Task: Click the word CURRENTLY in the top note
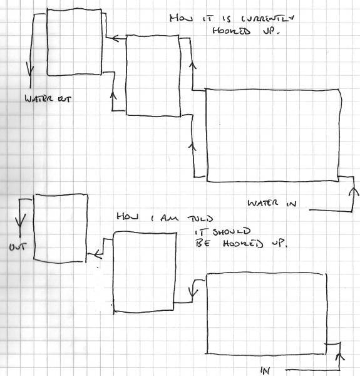point(267,18)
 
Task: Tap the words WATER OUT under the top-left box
point(48,98)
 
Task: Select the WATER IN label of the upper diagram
point(272,203)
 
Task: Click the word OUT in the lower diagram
point(18,247)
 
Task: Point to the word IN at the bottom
point(265,370)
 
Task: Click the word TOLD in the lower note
point(200,219)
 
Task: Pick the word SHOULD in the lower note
point(232,232)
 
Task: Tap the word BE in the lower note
point(203,243)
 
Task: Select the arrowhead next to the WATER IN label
point(354,192)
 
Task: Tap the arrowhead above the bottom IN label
point(339,357)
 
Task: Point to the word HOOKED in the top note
point(232,31)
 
